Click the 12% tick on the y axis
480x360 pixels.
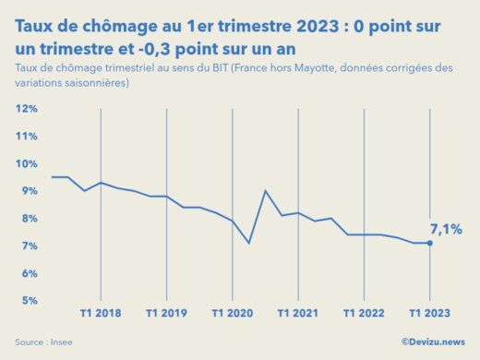pyautogui.click(x=26, y=109)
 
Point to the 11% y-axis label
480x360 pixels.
pyautogui.click(x=26, y=137)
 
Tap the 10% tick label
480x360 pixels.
pyautogui.click(x=26, y=163)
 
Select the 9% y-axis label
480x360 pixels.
pyautogui.click(x=28, y=191)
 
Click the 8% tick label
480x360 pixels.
pyautogui.click(x=28, y=219)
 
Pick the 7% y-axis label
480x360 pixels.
pyautogui.click(x=28, y=246)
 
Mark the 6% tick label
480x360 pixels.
pyautogui.click(x=28, y=273)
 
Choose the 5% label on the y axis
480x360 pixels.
pyautogui.click(x=28, y=301)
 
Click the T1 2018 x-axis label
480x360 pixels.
pyautogui.click(x=101, y=313)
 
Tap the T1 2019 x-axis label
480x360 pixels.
pyautogui.click(x=166, y=313)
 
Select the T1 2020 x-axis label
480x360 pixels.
pyautogui.click(x=233, y=313)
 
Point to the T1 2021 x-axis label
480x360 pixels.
pyautogui.click(x=298, y=313)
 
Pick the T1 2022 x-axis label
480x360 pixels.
pyautogui.click(x=364, y=313)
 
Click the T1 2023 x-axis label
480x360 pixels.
pyautogui.click(x=429, y=313)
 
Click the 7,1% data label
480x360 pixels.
pyautogui.click(x=446, y=228)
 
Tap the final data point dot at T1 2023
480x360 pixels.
pyautogui.click(x=430, y=243)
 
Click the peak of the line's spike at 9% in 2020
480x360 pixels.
pyautogui.click(x=266, y=191)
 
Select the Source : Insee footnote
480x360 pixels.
pyautogui.click(x=43, y=342)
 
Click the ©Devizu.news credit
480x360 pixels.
pyautogui.click(x=434, y=342)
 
